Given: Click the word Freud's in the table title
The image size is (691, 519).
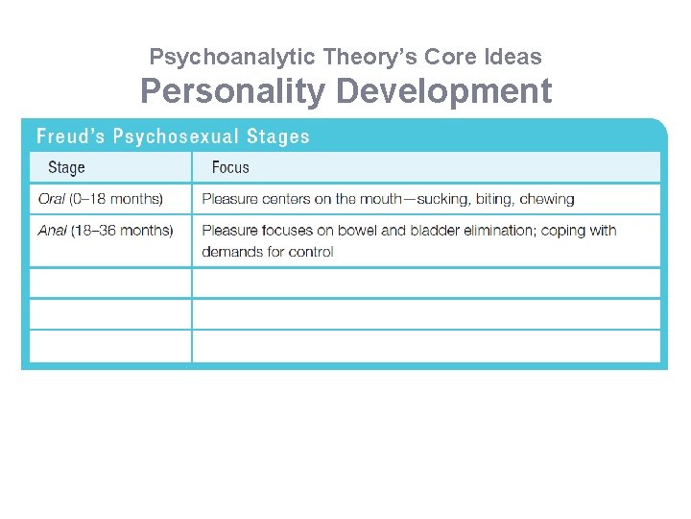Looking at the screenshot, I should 70,136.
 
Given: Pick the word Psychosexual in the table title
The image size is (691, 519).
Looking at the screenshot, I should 179,136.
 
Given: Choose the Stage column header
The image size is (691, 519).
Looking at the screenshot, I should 66,167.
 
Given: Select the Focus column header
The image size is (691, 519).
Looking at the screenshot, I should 230,167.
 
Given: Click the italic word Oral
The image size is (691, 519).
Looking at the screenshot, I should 52,199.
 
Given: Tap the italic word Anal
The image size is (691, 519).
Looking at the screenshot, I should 52,231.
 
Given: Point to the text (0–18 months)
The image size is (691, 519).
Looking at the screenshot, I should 116,199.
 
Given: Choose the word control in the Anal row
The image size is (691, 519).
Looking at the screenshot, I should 312,252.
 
